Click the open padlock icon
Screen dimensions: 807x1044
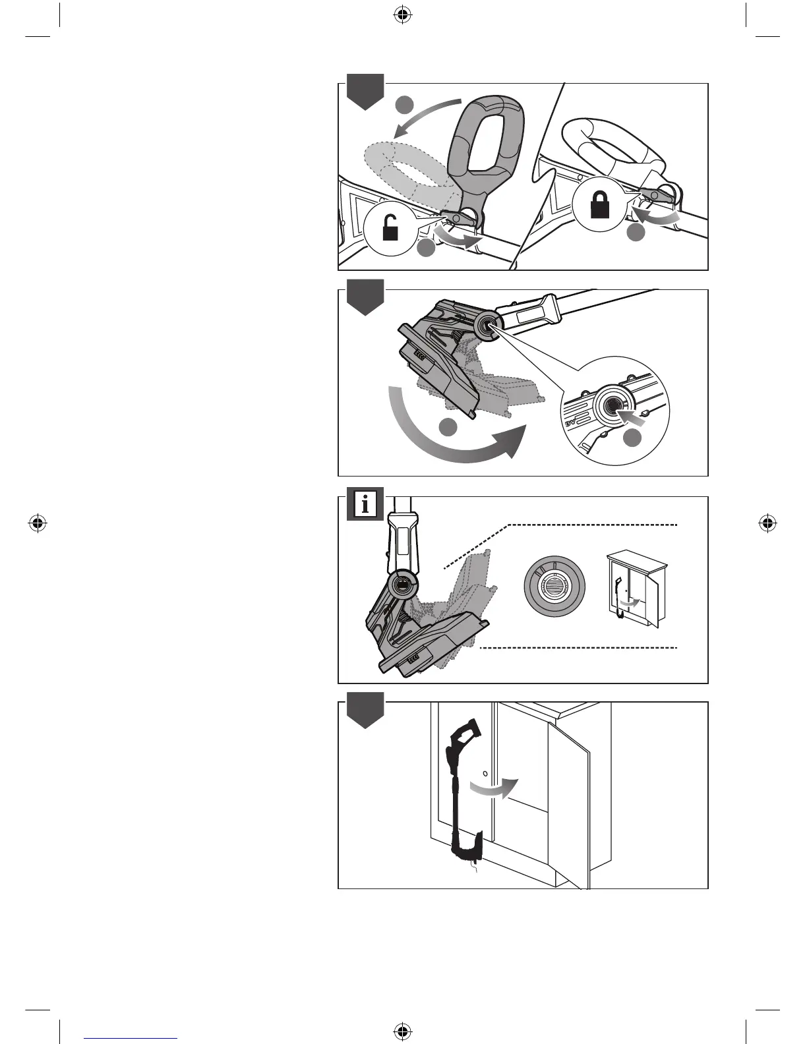[x=390, y=231]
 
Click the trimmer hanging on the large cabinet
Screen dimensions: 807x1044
[x=465, y=791]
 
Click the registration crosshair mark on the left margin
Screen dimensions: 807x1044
[x=38, y=524]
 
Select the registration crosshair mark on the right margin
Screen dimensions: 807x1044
[x=767, y=524]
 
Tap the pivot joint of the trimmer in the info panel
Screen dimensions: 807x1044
[x=402, y=583]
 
